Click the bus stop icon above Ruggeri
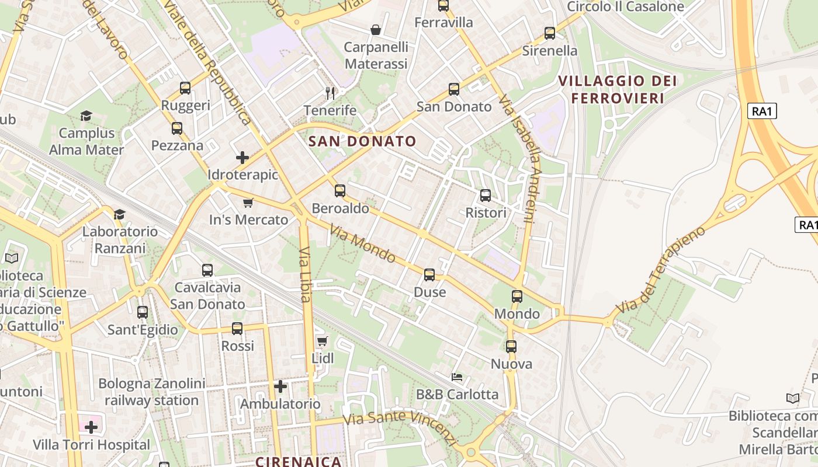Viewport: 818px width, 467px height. coord(185,88)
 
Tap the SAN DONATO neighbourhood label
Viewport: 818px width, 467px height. coord(362,141)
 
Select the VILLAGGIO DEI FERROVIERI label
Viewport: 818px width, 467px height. coord(618,89)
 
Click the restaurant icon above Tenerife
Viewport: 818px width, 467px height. coord(330,93)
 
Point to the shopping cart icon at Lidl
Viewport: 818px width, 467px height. coord(322,341)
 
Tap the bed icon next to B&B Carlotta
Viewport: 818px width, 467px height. coord(457,377)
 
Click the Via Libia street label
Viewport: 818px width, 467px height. coord(304,274)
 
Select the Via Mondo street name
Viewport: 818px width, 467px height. coord(362,243)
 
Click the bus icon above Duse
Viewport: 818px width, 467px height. coord(429,275)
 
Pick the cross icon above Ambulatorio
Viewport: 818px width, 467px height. coord(280,386)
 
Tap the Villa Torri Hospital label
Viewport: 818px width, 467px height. coord(91,445)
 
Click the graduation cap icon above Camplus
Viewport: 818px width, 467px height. coord(86,116)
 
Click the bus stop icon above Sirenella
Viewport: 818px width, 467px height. coord(550,33)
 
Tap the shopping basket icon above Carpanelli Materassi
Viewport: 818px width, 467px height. coord(376,29)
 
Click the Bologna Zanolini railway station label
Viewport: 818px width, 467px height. coord(152,392)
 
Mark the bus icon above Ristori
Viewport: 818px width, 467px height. coord(486,196)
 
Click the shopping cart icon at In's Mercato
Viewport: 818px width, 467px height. coord(248,203)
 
